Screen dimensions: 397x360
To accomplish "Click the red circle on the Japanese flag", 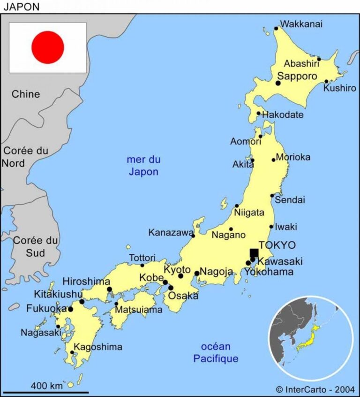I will click(47, 47).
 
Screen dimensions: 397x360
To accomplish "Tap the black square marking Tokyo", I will click(254, 253).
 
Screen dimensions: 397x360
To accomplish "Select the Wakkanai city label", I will click(301, 24).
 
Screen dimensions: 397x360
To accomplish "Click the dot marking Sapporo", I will click(278, 83).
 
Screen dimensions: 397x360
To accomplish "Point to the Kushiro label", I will click(339, 88).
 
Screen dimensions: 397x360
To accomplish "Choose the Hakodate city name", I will click(283, 115).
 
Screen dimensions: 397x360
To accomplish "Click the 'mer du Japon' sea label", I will click(143, 166).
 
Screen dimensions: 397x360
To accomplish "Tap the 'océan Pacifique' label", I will click(216, 353).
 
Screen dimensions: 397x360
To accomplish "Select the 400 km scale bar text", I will click(46, 386).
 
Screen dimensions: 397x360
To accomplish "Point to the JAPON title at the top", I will click(22, 7).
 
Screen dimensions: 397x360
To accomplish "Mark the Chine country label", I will click(26, 94).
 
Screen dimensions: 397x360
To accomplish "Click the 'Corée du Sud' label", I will click(36, 247).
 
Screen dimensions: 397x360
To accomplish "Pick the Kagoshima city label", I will click(98, 347).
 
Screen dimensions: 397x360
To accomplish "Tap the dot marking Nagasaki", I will click(58, 326).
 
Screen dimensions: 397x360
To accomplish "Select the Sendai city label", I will click(290, 200).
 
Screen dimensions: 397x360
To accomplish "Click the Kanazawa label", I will click(171, 233).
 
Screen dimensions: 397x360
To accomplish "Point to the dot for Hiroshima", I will click(109, 290).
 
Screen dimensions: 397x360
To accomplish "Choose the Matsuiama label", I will click(139, 310).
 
